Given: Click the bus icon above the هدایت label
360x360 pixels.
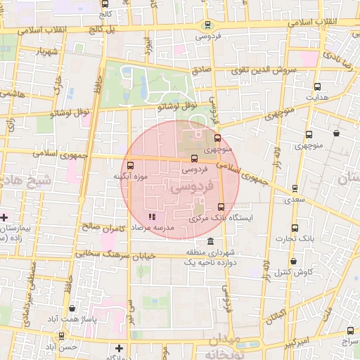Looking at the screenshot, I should (317, 86).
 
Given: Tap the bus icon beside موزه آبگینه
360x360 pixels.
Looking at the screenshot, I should (129, 165).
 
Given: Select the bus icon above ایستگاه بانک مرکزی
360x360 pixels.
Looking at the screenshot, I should (221, 207).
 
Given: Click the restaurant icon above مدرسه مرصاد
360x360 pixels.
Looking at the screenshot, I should (152, 217).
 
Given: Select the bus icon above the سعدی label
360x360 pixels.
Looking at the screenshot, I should (295, 188).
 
